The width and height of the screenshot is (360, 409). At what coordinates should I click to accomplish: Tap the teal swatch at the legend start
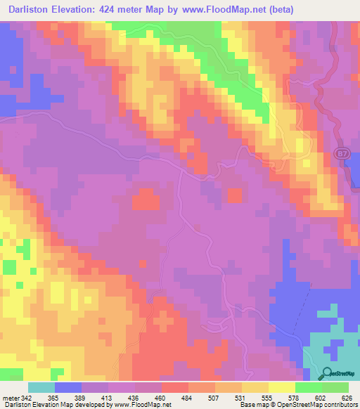coord(41,387)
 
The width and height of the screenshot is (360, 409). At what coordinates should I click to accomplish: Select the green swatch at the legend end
coord(335,387)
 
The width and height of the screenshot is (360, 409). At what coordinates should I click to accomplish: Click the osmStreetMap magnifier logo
coord(327,374)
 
